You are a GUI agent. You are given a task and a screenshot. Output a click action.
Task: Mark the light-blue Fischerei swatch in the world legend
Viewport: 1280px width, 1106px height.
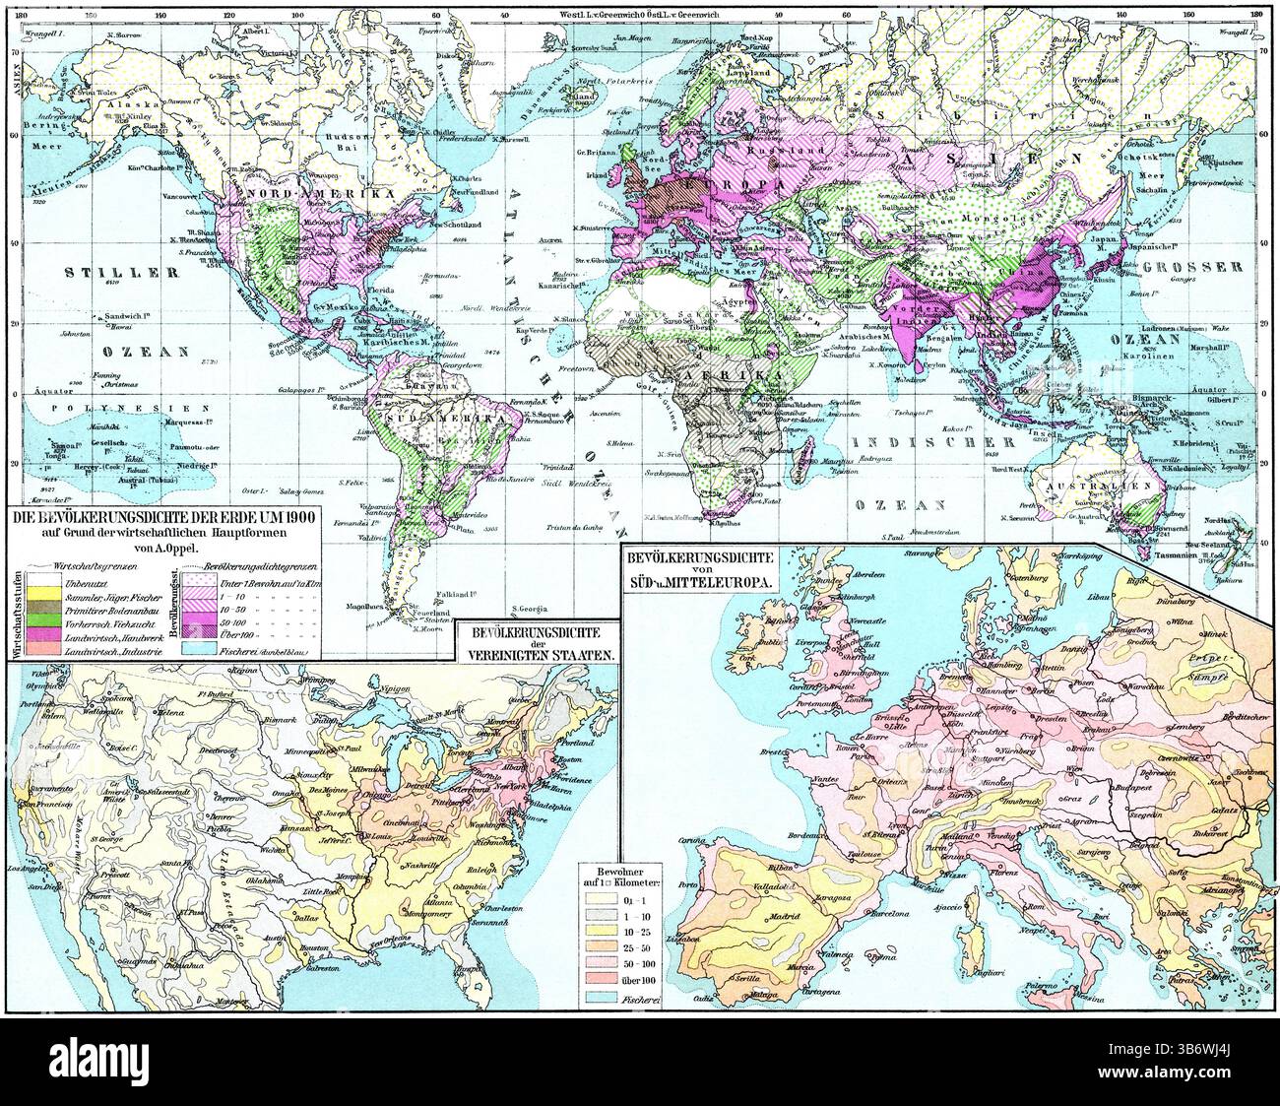coord(188,651)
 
